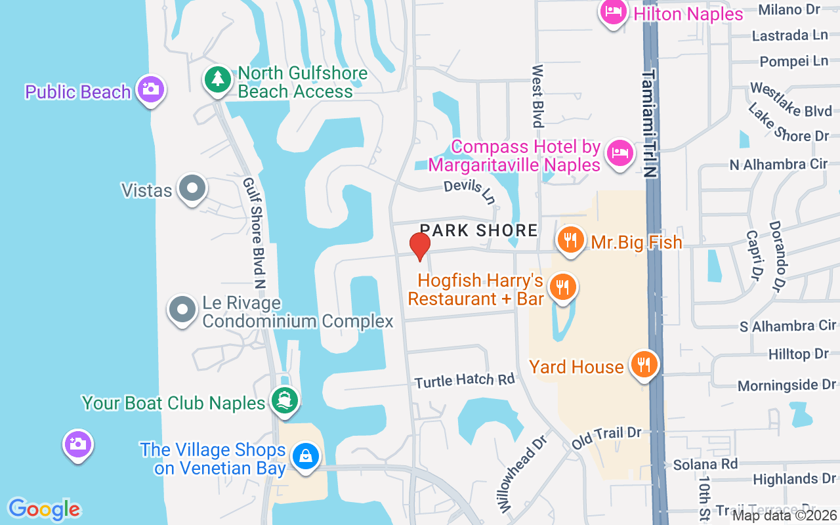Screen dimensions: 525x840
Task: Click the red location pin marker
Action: point(420,246)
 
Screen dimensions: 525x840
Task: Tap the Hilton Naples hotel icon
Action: point(614,12)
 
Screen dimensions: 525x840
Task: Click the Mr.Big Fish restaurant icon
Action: point(571,240)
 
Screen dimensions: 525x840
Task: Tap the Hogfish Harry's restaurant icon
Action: point(562,287)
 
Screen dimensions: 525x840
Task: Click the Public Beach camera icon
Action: point(151,89)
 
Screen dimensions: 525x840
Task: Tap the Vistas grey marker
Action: point(192,188)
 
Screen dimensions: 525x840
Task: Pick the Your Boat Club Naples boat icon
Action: point(285,400)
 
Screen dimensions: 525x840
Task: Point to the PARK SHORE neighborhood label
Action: point(478,230)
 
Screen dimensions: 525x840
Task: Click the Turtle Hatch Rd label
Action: point(465,380)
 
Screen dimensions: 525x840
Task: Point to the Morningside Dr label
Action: point(786,385)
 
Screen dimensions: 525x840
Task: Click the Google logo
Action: point(44,509)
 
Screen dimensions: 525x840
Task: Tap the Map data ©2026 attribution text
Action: point(784,516)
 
